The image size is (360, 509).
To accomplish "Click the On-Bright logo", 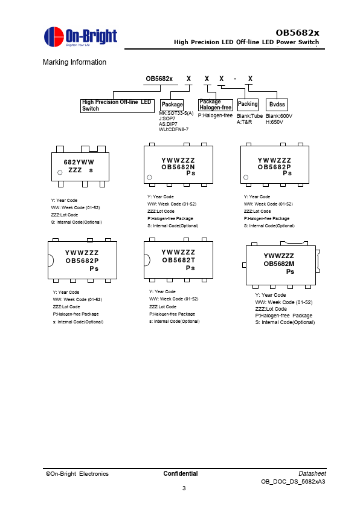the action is (80, 37).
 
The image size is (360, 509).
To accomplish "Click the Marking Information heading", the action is (74, 62).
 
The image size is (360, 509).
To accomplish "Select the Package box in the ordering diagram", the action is (172, 105).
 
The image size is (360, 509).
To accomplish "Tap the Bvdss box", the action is (277, 105).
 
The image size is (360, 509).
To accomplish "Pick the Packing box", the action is (248, 104).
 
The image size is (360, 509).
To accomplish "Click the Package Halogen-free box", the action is (216, 105).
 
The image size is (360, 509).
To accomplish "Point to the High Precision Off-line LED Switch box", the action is (117, 106).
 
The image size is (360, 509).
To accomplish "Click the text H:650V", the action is (274, 122).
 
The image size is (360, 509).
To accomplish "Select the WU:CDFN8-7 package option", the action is (173, 129).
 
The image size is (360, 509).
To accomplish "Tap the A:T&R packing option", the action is (244, 122).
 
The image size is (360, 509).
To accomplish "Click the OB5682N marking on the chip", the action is (178, 167).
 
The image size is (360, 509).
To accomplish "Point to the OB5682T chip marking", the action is (179, 260).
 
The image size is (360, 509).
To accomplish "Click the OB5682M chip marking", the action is (279, 264).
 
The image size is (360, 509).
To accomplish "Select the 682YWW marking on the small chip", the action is (79, 162).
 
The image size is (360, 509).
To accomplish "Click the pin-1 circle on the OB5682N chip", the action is (150, 177).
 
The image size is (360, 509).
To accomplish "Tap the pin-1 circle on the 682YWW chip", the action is (60, 172).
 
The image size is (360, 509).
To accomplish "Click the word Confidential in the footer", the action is (181, 473).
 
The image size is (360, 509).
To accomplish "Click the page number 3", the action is (184, 488).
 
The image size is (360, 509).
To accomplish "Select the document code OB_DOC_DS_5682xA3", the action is (293, 482).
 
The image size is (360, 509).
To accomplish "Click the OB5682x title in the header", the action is (297, 33).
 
